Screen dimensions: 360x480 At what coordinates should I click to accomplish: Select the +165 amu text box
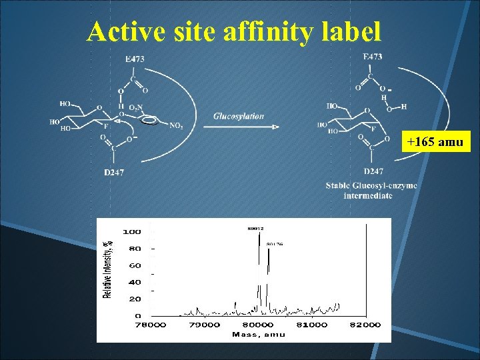pyautogui.click(x=437, y=142)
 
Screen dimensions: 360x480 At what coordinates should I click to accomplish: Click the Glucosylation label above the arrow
pyautogui.click(x=239, y=116)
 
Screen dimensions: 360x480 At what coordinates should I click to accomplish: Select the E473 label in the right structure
pyautogui.click(x=372, y=57)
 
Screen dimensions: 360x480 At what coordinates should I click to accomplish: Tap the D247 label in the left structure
pyautogui.click(x=114, y=173)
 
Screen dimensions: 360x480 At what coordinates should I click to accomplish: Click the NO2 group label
pyautogui.click(x=177, y=125)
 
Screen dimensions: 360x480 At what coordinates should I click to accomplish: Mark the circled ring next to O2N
pyautogui.click(x=150, y=121)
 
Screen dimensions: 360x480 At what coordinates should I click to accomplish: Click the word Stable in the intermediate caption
pyautogui.click(x=339, y=185)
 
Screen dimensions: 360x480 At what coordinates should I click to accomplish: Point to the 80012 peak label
pyautogui.click(x=257, y=228)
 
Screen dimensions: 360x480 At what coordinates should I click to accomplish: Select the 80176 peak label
pyautogui.click(x=275, y=245)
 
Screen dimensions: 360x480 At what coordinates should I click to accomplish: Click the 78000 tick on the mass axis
pyautogui.click(x=151, y=325)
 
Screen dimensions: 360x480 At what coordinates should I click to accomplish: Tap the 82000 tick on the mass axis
pyautogui.click(x=365, y=325)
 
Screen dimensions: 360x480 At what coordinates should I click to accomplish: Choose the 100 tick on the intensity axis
pyautogui.click(x=131, y=232)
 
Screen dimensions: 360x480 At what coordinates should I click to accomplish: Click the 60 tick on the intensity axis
pyautogui.click(x=135, y=265)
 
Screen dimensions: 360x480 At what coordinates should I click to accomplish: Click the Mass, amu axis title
pyautogui.click(x=259, y=334)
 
